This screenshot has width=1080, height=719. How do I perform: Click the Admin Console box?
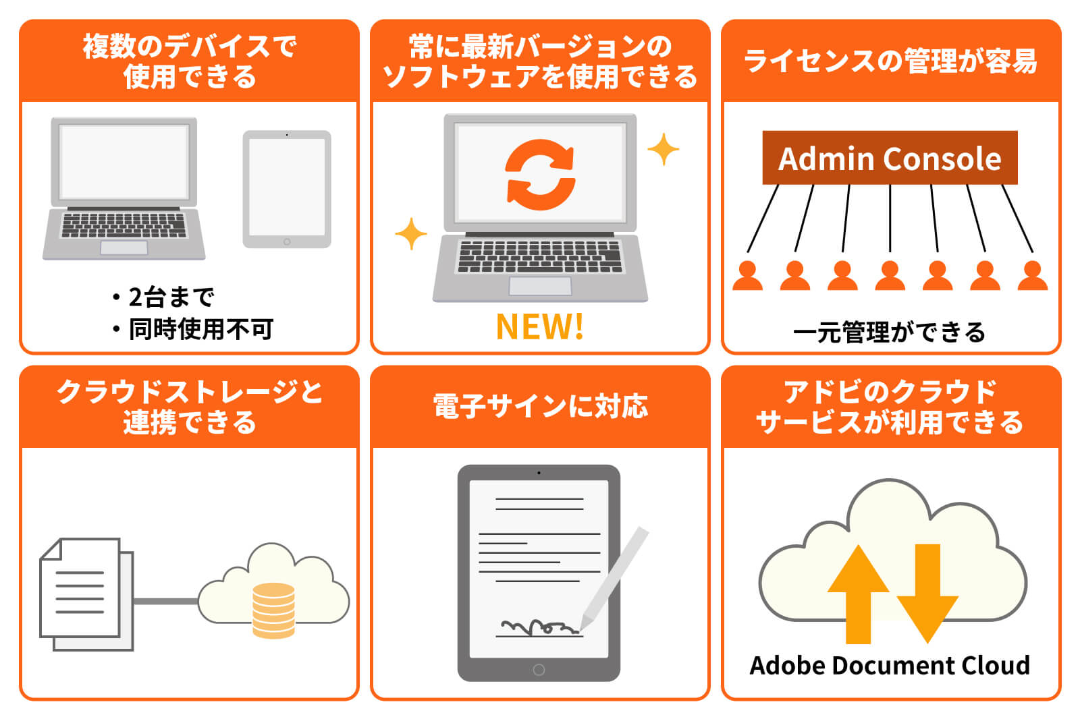(890, 158)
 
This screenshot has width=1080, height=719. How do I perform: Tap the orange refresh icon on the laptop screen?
(540, 175)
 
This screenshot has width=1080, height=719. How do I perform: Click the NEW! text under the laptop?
(539, 327)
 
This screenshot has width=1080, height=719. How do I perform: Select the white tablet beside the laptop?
(287, 189)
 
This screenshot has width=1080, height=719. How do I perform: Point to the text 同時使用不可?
(200, 329)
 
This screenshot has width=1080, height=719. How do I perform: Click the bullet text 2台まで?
(171, 297)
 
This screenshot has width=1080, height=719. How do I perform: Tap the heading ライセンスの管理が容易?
(890, 61)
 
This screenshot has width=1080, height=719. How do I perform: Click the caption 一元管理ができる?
(890, 333)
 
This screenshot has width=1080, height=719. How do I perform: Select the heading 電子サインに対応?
(540, 407)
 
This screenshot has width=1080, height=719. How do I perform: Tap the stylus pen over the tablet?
(615, 577)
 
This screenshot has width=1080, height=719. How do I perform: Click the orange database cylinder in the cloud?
(273, 610)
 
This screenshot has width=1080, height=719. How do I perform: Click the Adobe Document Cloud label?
(890, 666)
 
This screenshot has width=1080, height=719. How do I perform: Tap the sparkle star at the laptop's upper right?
(663, 149)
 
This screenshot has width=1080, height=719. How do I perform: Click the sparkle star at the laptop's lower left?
(410, 234)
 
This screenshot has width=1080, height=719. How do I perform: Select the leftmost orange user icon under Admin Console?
(747, 276)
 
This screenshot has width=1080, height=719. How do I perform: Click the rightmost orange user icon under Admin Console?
(1032, 276)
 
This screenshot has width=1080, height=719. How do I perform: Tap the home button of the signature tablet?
(539, 670)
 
